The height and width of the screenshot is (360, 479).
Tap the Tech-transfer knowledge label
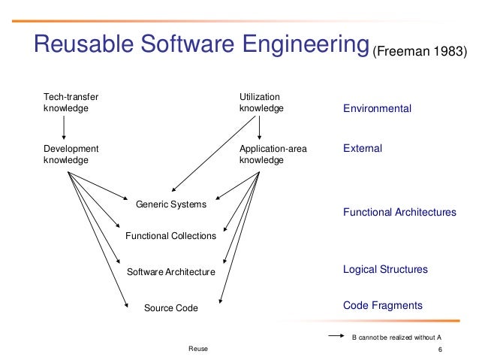(72, 102)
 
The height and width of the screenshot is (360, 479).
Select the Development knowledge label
(71, 154)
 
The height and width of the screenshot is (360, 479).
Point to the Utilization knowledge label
(261, 102)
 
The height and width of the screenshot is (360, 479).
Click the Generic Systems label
(170, 204)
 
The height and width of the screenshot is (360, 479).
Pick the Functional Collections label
(170, 236)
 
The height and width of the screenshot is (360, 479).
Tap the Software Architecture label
(170, 271)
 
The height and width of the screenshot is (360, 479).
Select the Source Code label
(170, 307)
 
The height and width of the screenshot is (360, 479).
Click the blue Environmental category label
(377, 109)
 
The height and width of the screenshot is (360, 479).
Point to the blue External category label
(363, 149)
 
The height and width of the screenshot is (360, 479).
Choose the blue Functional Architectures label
(399, 213)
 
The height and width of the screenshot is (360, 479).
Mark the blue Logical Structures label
(385, 269)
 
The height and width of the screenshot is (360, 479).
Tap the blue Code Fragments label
(383, 305)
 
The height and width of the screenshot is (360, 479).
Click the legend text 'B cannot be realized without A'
(396, 337)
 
